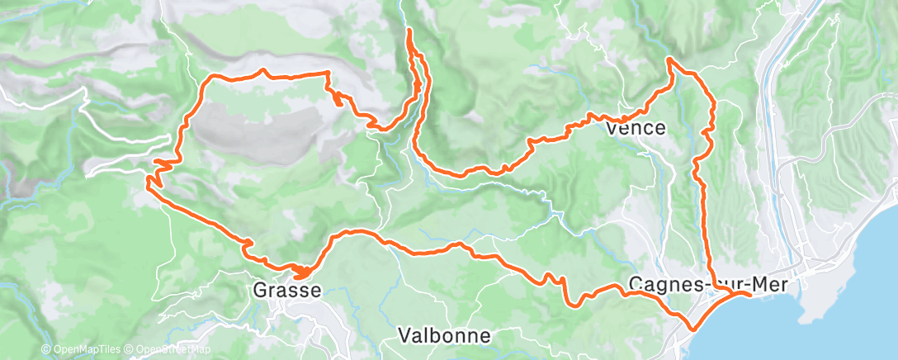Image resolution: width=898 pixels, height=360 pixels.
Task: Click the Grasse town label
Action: pyautogui.click(x=284, y=290)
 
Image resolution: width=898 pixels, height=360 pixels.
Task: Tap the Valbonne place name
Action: pyautogui.click(x=443, y=335)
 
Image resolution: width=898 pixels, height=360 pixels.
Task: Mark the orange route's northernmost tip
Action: pyautogui.click(x=409, y=30)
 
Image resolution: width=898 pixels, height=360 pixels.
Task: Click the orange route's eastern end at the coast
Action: pyautogui.click(x=749, y=293)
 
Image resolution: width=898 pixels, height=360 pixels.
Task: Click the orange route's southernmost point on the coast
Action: pyautogui.click(x=690, y=328)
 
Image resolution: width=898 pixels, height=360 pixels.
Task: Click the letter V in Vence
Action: pyautogui.click(x=612, y=129)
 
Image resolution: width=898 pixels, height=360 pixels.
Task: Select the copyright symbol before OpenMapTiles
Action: pyautogui.click(x=45, y=350)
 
